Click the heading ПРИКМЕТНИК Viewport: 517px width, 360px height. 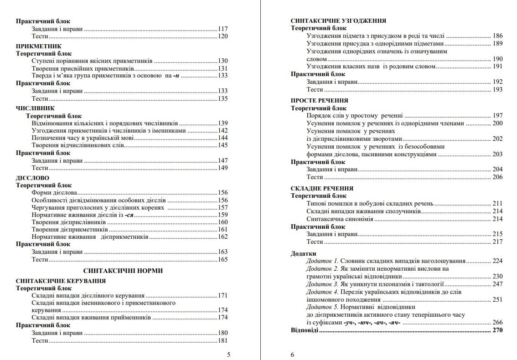39,46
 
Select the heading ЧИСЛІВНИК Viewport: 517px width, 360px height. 35,108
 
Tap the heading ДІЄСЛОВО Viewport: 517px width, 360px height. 32,178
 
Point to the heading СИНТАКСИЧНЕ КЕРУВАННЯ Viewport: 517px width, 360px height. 61,281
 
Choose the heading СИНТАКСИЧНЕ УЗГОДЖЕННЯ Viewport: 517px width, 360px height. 338,21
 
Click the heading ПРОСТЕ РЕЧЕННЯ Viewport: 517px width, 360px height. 320,101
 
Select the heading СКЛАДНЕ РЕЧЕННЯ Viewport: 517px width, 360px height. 322,189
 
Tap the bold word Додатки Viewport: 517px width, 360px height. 303,253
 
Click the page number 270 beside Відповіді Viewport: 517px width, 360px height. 497,330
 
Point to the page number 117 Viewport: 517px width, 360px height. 222,29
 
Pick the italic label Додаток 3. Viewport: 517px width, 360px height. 322,284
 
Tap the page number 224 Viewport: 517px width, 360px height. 497,261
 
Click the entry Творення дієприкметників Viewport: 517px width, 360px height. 70,230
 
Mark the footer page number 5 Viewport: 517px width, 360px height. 228,355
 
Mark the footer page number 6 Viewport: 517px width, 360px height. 293,355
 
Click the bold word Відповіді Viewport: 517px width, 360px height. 305,330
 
